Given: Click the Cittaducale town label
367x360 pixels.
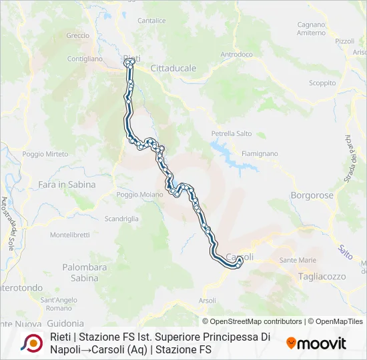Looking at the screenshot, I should pyautogui.click(x=173, y=69).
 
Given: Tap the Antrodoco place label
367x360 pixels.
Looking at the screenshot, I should pyautogui.click(x=237, y=54).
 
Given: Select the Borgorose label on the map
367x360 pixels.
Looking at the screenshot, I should pyautogui.click(x=312, y=196).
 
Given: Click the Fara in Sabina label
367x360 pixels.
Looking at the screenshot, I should pyautogui.click(x=67, y=185).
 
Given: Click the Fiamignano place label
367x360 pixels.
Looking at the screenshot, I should pyautogui.click(x=260, y=153).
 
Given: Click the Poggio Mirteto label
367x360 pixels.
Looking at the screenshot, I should pyautogui.click(x=45, y=154).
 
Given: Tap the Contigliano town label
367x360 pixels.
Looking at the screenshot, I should pyautogui.click(x=85, y=59).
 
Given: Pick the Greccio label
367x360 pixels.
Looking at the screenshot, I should pyautogui.click(x=77, y=35).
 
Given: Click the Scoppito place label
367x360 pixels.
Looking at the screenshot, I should pyautogui.click(x=322, y=83).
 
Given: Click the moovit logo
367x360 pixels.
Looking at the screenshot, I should pyautogui.click(x=316, y=343).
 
